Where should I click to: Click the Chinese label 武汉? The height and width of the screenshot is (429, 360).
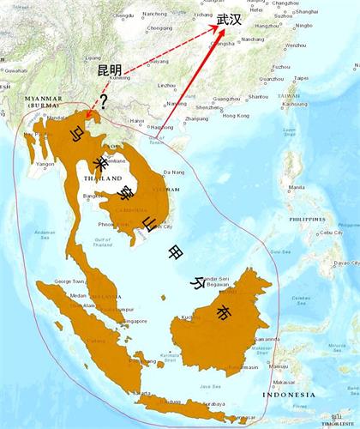(x=230, y=19)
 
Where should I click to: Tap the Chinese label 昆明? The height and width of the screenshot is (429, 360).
(x=111, y=69)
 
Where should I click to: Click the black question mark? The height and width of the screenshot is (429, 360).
(x=104, y=102)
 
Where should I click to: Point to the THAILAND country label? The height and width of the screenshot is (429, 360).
(x=101, y=178)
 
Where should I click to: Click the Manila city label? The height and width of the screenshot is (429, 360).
(x=297, y=187)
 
